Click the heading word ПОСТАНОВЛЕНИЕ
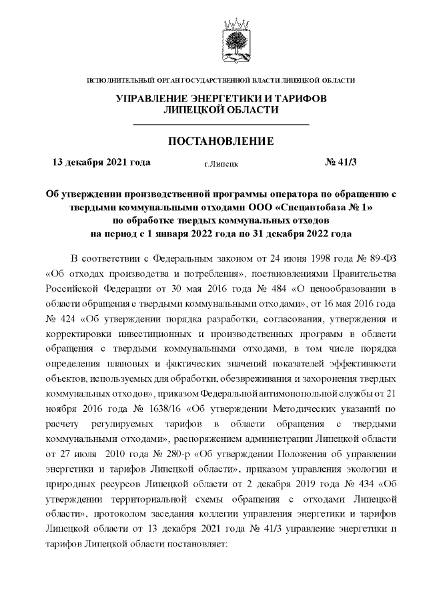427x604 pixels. coord(221,141)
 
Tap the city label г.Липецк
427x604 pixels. coord(222,163)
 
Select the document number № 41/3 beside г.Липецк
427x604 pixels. coord(341,162)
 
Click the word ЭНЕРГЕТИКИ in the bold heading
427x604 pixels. coord(218,99)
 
